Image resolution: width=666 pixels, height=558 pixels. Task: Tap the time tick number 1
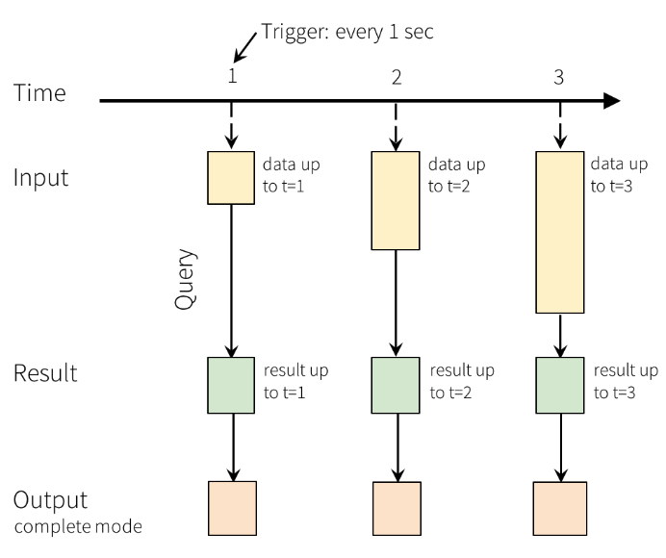pos(232,76)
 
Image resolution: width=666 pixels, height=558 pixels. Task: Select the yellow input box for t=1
pos(232,177)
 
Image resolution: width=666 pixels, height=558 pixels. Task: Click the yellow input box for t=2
pos(396,200)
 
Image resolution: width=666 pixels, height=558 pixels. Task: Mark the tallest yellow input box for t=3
pos(559,231)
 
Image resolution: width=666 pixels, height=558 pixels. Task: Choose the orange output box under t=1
pos(232,509)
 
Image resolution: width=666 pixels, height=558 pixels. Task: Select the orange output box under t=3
pos(559,509)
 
